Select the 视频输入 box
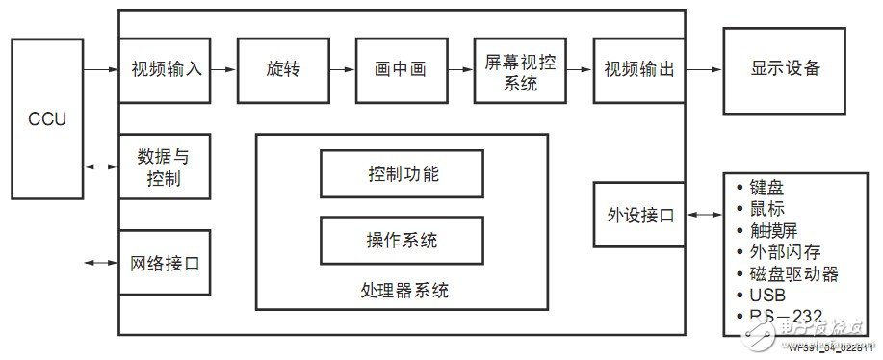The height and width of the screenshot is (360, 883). pyautogui.click(x=165, y=70)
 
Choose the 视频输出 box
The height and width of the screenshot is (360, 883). pyautogui.click(x=638, y=70)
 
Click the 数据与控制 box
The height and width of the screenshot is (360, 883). pyautogui.click(x=165, y=166)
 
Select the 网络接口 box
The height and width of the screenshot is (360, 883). pyautogui.click(x=165, y=262)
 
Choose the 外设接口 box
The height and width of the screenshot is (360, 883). pyautogui.click(x=638, y=215)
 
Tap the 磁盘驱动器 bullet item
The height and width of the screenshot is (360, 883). pyautogui.click(x=793, y=273)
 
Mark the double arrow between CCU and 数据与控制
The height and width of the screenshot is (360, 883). pyautogui.click(x=100, y=167)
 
